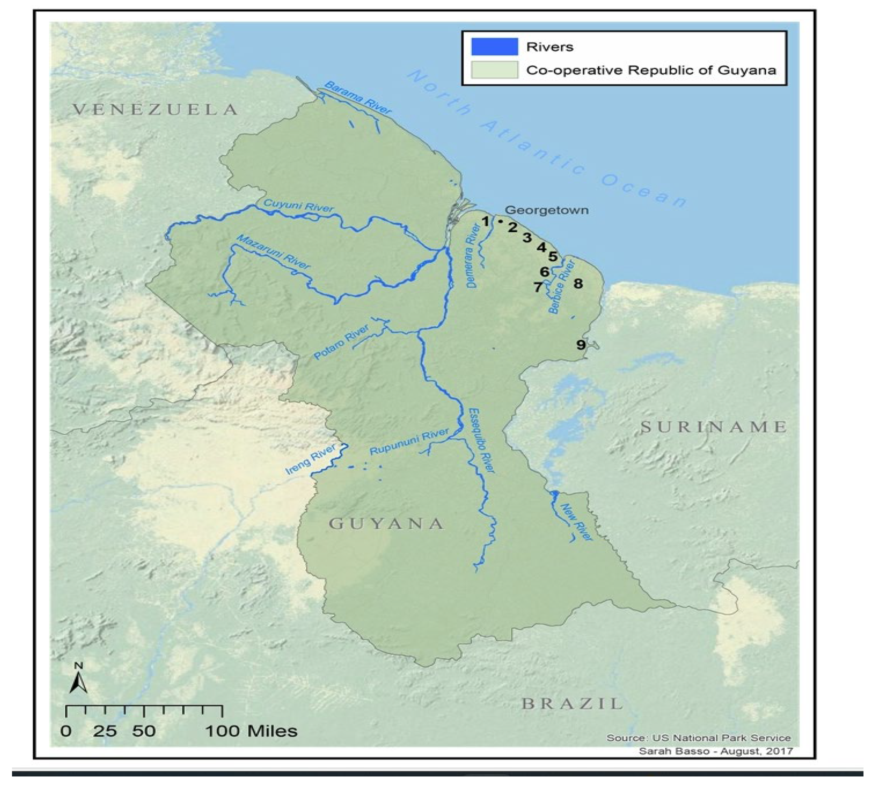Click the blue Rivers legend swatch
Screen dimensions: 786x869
click(x=495, y=47)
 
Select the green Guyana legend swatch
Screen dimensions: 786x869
click(x=495, y=70)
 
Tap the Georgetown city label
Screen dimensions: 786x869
click(x=547, y=210)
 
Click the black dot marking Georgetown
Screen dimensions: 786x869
click(x=500, y=221)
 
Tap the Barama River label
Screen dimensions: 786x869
click(x=358, y=98)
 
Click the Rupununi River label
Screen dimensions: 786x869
click(x=409, y=442)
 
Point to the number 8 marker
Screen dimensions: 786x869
click(x=578, y=284)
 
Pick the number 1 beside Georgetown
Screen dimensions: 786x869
click(x=486, y=222)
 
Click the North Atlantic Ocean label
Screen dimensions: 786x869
click(x=547, y=138)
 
